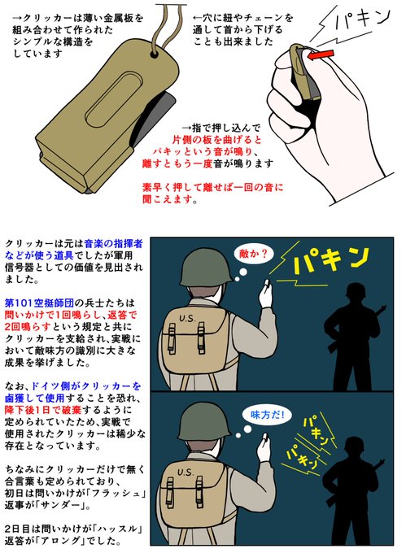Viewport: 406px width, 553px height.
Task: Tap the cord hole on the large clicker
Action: click(154, 54)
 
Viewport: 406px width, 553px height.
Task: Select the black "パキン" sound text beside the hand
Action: click(361, 19)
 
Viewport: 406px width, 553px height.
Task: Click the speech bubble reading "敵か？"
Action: click(253, 254)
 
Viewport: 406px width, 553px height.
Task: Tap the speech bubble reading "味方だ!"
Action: click(267, 415)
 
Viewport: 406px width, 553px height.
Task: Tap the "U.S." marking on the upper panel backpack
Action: click(187, 319)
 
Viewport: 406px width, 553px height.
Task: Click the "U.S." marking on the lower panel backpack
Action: click(186, 472)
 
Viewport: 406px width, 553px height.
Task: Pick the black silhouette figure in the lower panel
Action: click(351, 490)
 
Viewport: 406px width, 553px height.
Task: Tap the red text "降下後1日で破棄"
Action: click(42, 410)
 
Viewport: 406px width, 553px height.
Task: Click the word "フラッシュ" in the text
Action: click(119, 493)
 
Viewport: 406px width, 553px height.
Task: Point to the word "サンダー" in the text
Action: click(61, 505)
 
